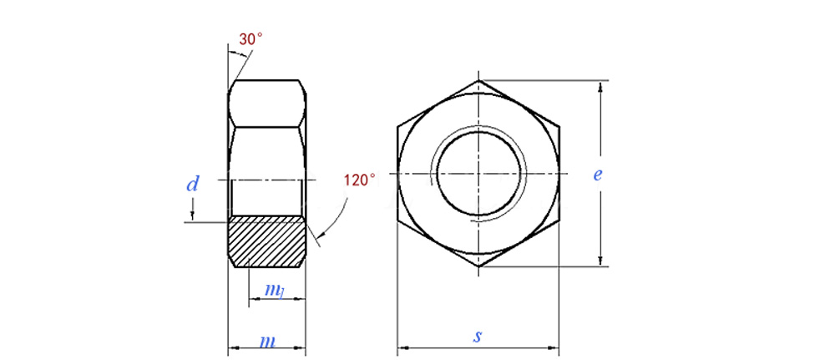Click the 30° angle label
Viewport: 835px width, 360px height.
click(x=250, y=39)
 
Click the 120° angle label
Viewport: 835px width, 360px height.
click(x=359, y=180)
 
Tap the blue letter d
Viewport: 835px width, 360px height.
click(x=192, y=185)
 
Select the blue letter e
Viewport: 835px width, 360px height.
click(x=598, y=175)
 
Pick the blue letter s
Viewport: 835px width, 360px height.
click(x=478, y=337)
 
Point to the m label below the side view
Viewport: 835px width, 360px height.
click(x=268, y=341)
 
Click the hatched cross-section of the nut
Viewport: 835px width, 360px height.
click(x=267, y=241)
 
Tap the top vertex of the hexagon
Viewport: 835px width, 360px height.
click(x=478, y=81)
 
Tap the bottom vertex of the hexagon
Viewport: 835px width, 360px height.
click(x=478, y=266)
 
